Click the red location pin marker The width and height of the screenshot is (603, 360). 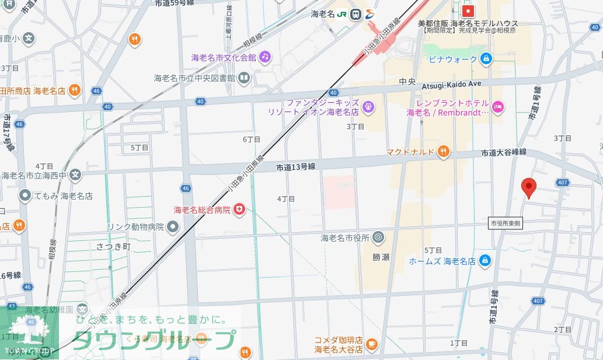pyautogui.click(x=528, y=187)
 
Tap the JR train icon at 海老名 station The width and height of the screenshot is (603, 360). pyautogui.click(x=355, y=15)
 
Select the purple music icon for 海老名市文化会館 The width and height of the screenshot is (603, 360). pyautogui.click(x=265, y=57)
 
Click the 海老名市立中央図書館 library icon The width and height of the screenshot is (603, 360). pyautogui.click(x=243, y=77)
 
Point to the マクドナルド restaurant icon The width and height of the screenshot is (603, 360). pyautogui.click(x=443, y=152)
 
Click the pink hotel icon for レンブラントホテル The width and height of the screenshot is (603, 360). pyautogui.click(x=497, y=106)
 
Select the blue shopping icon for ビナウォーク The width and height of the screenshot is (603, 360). pyautogui.click(x=486, y=58)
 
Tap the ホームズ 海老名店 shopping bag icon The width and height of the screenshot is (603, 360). pyautogui.click(x=484, y=260)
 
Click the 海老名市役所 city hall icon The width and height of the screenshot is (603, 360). pyautogui.click(x=378, y=237)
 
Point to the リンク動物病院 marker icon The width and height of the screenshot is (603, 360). pyautogui.click(x=172, y=226)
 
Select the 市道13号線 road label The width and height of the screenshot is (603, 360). pyautogui.click(x=295, y=167)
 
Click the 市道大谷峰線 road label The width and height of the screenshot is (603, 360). pyautogui.click(x=504, y=152)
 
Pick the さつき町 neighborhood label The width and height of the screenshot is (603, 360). pyautogui.click(x=112, y=246)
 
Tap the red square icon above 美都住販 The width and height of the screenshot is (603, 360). pyautogui.click(x=468, y=11)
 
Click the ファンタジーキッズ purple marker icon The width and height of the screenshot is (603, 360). pyautogui.click(x=368, y=106)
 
